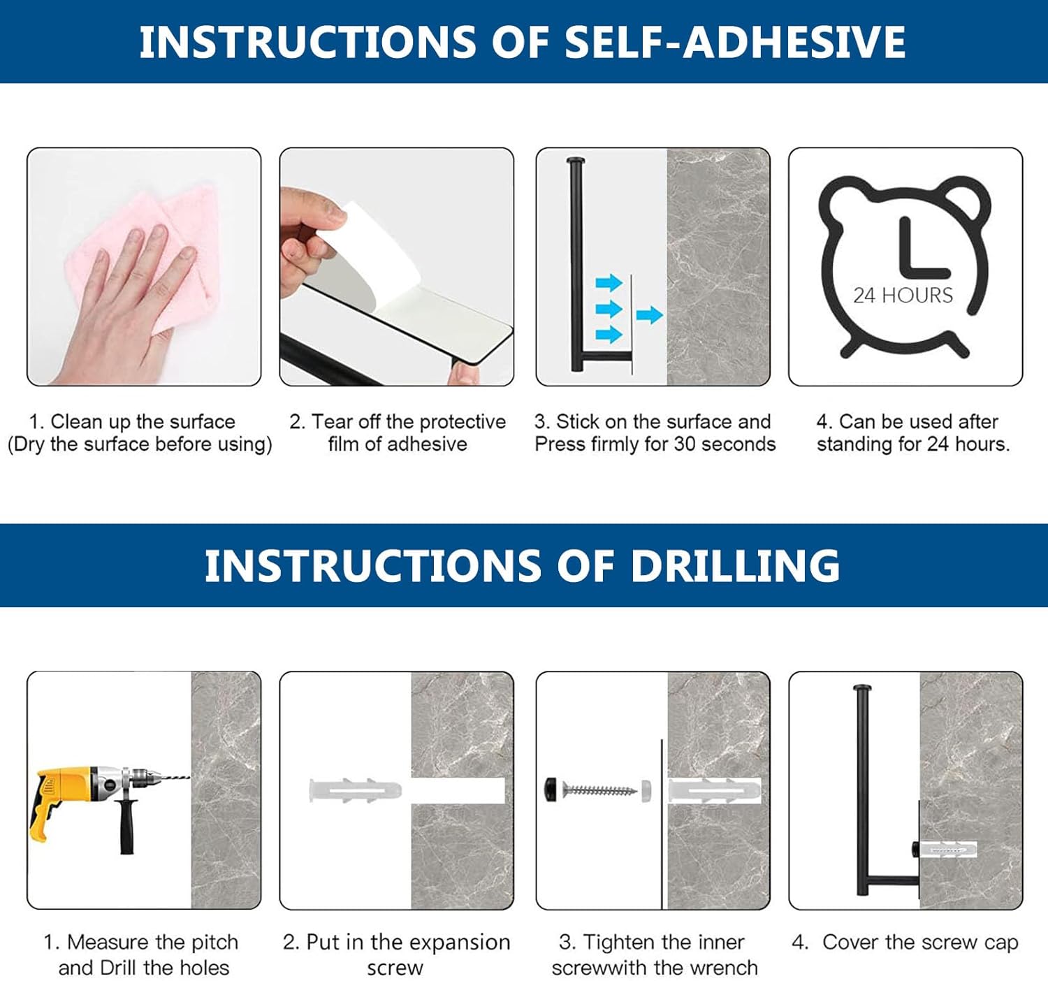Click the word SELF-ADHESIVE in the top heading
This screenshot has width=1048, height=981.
(x=735, y=42)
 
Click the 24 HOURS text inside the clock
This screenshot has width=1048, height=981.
(x=903, y=295)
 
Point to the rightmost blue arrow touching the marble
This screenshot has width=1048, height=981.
(x=649, y=314)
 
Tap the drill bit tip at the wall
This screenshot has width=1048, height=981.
(x=189, y=777)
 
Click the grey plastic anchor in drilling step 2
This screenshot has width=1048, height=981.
(x=355, y=790)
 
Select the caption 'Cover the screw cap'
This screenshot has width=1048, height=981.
(x=920, y=942)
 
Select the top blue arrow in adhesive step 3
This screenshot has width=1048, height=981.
(x=609, y=282)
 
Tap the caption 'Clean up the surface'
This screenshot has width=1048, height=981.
(x=143, y=421)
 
